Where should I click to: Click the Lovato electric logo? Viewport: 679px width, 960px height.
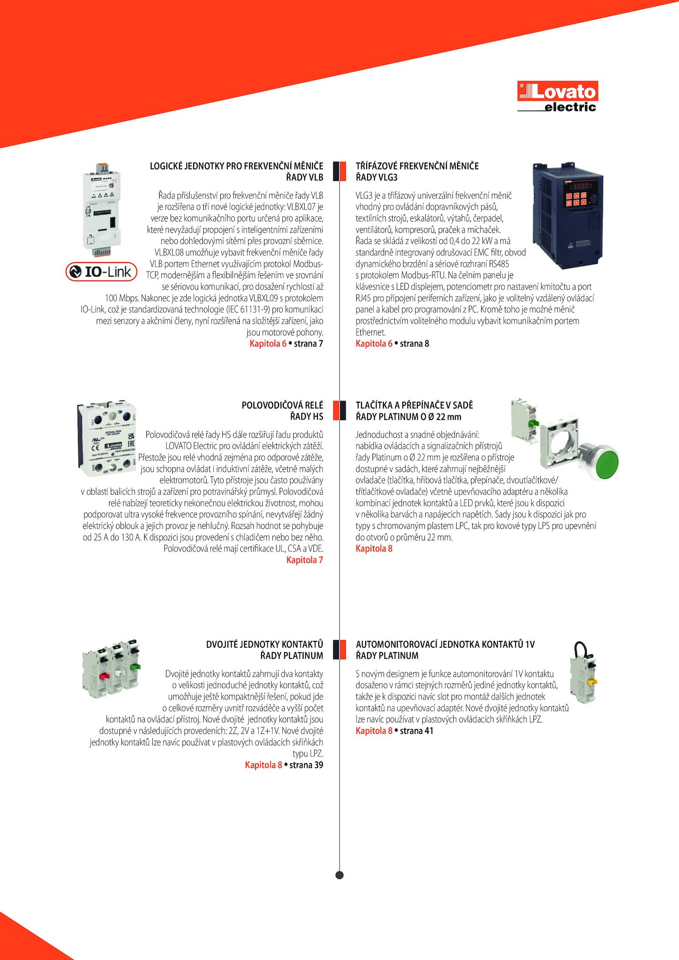[557, 96]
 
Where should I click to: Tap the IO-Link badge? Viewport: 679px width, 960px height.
[101, 271]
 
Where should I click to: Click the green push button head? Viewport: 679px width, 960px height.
[606, 465]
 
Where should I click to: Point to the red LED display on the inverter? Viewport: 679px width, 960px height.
[581, 186]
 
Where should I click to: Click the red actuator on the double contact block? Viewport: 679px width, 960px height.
[104, 675]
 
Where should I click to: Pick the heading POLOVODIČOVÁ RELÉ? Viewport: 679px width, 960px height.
[282, 405]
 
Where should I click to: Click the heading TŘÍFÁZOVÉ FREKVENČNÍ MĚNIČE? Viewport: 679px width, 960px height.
[417, 166]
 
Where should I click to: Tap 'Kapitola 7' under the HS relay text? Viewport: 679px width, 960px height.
[304, 560]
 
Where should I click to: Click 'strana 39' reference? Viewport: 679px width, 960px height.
[306, 765]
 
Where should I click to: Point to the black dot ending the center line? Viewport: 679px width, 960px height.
[339, 875]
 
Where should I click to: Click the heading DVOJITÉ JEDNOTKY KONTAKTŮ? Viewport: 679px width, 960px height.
[264, 644]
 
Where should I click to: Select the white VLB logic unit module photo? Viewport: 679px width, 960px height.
[102, 210]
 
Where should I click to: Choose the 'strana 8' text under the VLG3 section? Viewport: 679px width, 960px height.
[414, 344]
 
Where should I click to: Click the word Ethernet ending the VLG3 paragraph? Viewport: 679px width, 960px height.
[370, 332]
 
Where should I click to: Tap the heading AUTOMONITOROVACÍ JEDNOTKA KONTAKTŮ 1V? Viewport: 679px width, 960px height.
[445, 644]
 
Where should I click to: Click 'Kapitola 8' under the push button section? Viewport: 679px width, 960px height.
[374, 549]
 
